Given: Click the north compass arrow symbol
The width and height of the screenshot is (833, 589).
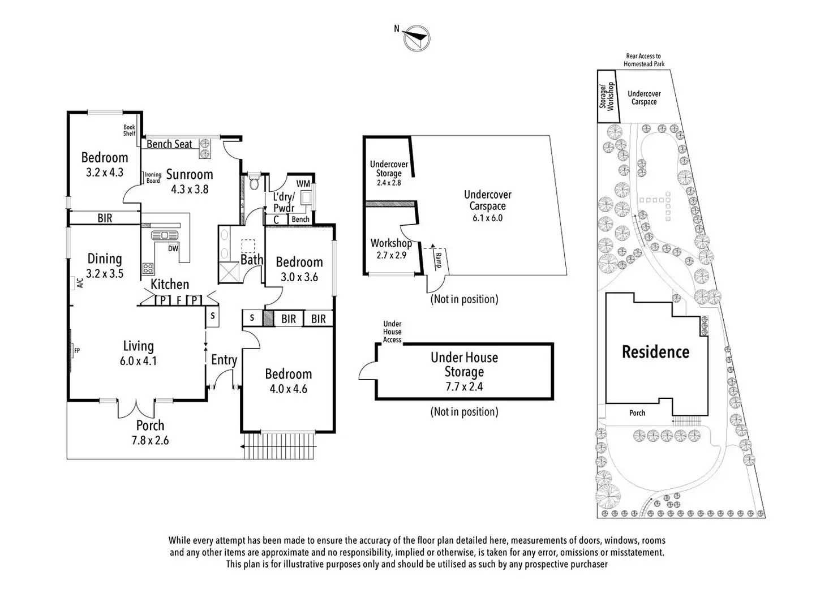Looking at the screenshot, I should pyautogui.click(x=417, y=37).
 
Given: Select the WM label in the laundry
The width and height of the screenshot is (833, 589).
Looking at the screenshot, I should pyautogui.click(x=303, y=183).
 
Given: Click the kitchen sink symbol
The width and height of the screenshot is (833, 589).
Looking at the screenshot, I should pyautogui.click(x=165, y=235).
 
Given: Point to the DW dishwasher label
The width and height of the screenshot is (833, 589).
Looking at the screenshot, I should pyautogui.click(x=173, y=248).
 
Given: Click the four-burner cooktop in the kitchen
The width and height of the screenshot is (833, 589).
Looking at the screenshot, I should pyautogui.click(x=148, y=268).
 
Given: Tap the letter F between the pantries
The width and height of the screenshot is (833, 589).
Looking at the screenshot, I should pyautogui.click(x=179, y=300).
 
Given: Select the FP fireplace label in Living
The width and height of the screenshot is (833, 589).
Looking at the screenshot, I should pyautogui.click(x=76, y=351).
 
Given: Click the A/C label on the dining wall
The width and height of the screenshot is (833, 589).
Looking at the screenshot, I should pyautogui.click(x=80, y=282).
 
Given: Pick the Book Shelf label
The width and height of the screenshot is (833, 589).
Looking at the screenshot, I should pyautogui.click(x=130, y=131).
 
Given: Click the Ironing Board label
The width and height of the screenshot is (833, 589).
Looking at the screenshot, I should pyautogui.click(x=153, y=178).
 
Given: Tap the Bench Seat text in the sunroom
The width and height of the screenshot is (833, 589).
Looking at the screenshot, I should pyautogui.click(x=169, y=144).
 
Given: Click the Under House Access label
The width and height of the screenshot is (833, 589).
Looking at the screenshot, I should pyautogui.click(x=392, y=332).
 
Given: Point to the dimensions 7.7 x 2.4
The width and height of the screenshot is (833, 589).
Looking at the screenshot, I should pyautogui.click(x=464, y=387).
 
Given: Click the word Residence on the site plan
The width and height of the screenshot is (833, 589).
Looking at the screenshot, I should pyautogui.click(x=655, y=352).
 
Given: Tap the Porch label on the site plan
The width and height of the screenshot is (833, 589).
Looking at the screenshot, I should pyautogui.click(x=637, y=413).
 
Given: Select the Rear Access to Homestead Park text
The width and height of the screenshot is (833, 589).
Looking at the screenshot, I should pyautogui.click(x=644, y=60).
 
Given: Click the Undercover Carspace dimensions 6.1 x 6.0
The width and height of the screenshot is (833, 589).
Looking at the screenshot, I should pyautogui.click(x=487, y=218).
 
